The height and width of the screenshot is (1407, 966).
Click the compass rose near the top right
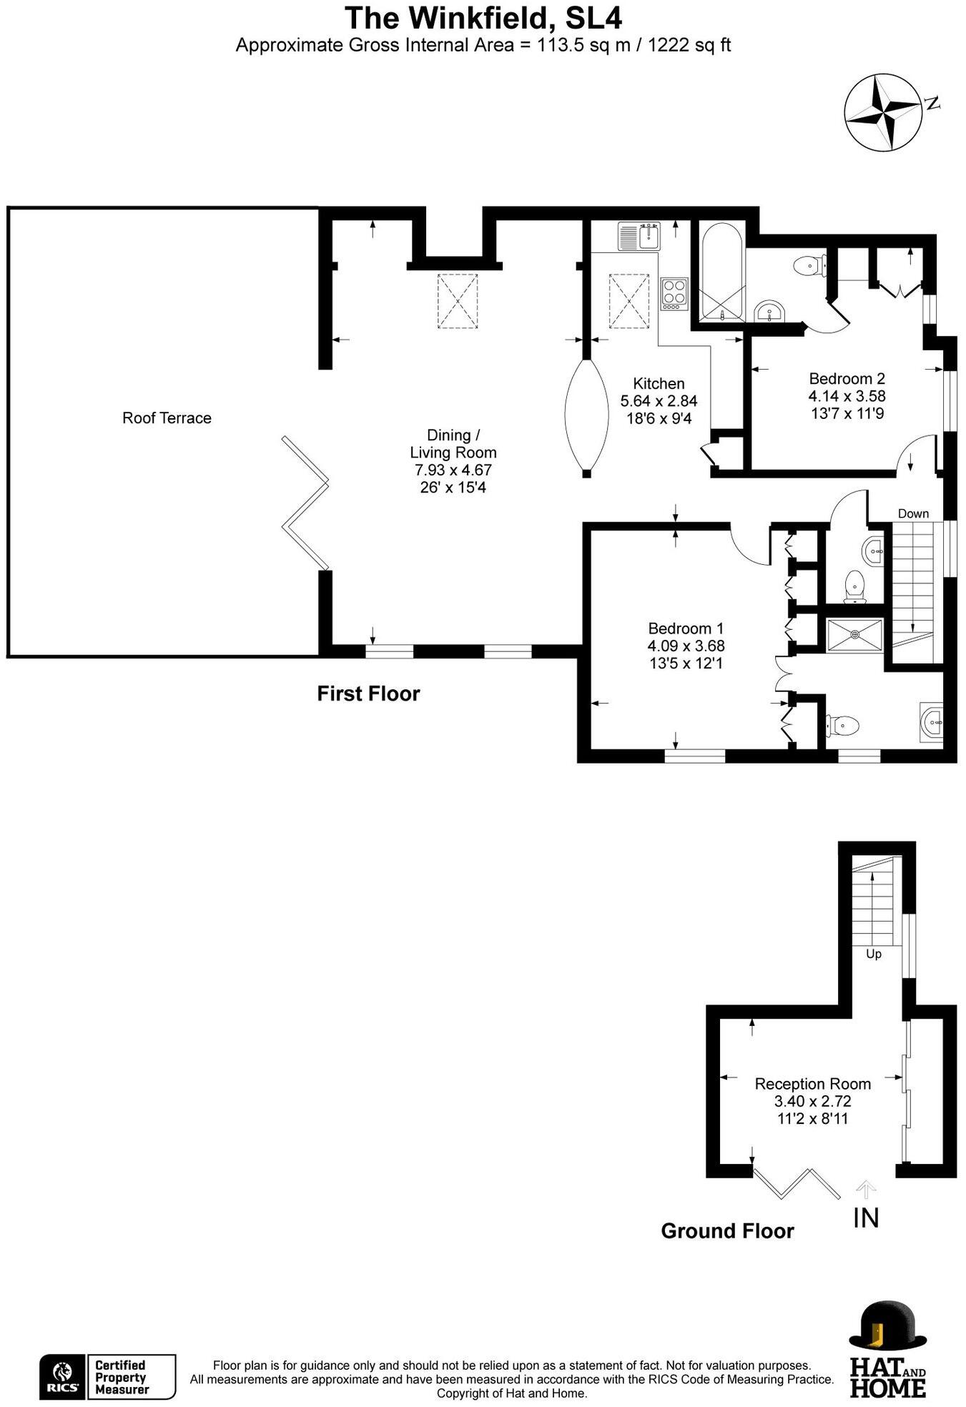tap(884, 114)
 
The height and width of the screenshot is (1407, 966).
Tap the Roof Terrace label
tap(167, 418)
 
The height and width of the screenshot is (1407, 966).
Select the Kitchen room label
tap(659, 384)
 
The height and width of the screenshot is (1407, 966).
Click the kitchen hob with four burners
tap(674, 292)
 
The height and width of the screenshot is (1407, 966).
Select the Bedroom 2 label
tap(847, 379)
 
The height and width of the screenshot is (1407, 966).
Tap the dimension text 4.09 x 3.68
tap(686, 646)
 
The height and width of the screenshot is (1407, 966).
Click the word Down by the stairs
tap(913, 513)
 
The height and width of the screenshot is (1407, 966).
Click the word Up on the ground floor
tap(873, 954)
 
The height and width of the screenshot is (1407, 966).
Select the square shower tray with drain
tap(854, 635)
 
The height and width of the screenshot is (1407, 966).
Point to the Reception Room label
tap(812, 1084)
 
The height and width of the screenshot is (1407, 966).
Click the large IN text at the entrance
tap(866, 1217)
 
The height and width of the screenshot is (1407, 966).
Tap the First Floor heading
tap(368, 693)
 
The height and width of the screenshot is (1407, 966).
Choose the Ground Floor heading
tap(727, 1230)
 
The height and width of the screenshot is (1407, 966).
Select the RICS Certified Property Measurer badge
tap(107, 1376)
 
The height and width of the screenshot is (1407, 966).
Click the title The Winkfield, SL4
tap(483, 18)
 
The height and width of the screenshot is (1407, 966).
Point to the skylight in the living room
tap(457, 301)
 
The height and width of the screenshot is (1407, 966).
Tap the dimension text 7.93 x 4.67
tap(453, 470)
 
